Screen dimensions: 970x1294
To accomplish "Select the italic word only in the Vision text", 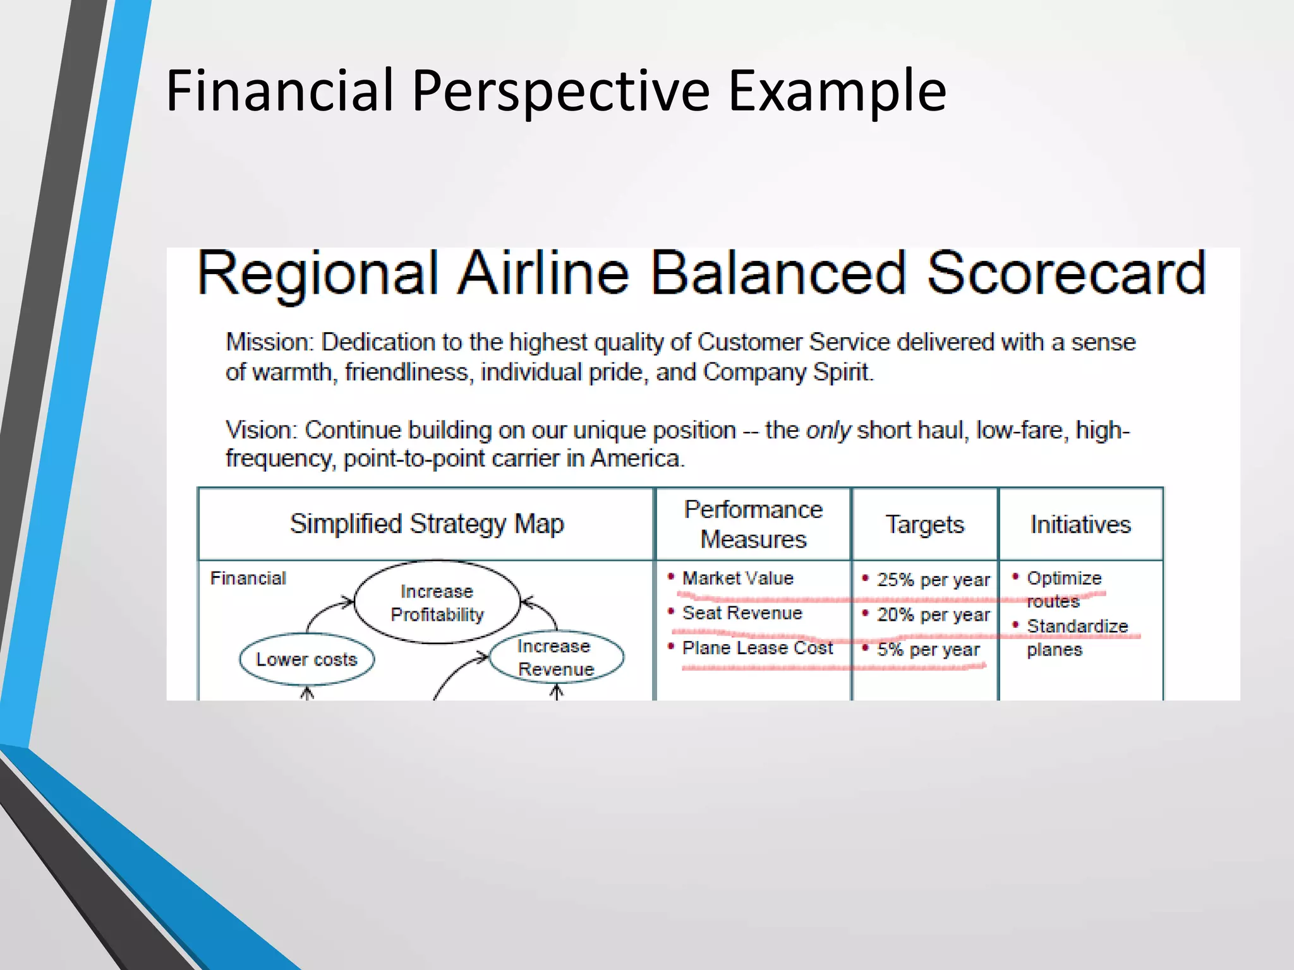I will tap(828, 430).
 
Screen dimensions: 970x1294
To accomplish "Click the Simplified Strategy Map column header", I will tap(426, 524).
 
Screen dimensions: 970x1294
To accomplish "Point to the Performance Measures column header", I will tap(753, 524).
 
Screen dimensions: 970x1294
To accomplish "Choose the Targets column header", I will tap(924, 525).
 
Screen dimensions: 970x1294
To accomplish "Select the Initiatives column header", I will tap(1080, 525).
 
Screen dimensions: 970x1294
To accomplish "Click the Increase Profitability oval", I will tap(437, 602).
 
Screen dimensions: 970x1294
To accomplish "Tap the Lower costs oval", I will tap(306, 659).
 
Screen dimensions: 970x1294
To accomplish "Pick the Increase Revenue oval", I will tap(556, 657).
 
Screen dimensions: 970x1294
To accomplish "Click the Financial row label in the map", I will tap(248, 578).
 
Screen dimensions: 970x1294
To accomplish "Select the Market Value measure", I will tap(737, 578).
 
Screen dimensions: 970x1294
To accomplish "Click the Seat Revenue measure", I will tap(742, 613).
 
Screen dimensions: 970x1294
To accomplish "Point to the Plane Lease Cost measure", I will tap(757, 648).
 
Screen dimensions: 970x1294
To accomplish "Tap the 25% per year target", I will tap(933, 580).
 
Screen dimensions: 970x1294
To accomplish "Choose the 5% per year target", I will tap(928, 649).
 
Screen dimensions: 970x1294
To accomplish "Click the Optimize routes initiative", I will tap(1063, 589).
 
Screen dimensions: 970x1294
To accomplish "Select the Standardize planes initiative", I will tap(1077, 637).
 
